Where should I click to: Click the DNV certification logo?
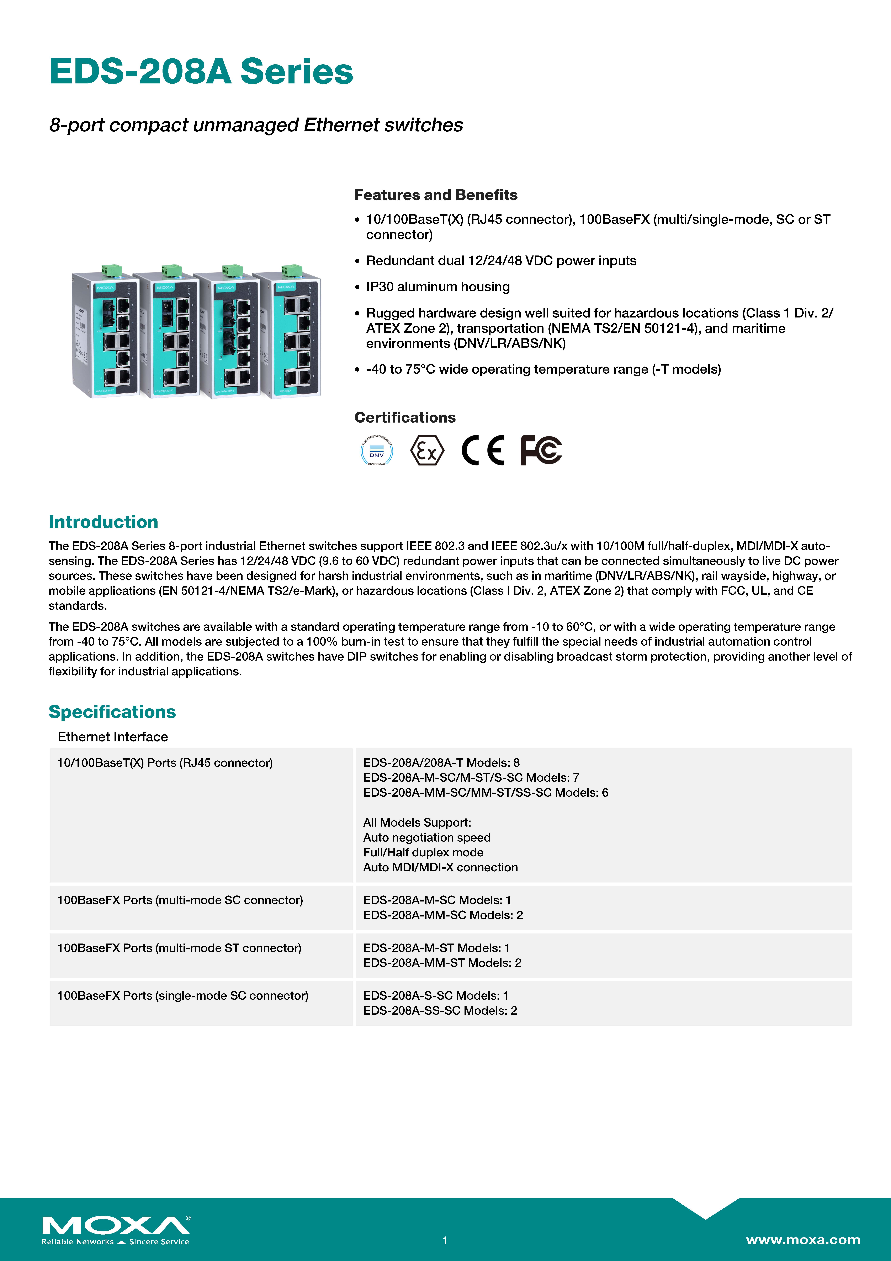pos(377,451)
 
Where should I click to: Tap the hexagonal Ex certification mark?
pos(427,451)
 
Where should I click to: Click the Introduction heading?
pos(103,522)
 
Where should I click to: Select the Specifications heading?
pos(112,712)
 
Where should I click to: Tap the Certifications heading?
pos(405,417)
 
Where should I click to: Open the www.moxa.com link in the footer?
pos(803,1240)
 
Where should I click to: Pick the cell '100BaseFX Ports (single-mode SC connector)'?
pos(183,996)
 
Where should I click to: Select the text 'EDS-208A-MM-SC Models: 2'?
pos(443,915)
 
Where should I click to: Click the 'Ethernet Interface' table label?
pos(113,737)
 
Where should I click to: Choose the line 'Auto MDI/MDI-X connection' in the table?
pos(440,867)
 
